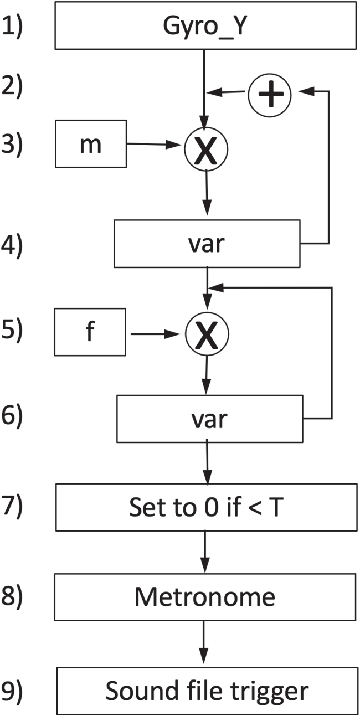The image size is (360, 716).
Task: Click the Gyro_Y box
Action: [205, 26]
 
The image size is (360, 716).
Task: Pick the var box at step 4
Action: [207, 244]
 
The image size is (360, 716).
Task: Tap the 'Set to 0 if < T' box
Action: [205, 507]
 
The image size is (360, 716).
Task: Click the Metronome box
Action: [205, 596]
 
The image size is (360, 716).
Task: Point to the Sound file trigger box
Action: [206, 691]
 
